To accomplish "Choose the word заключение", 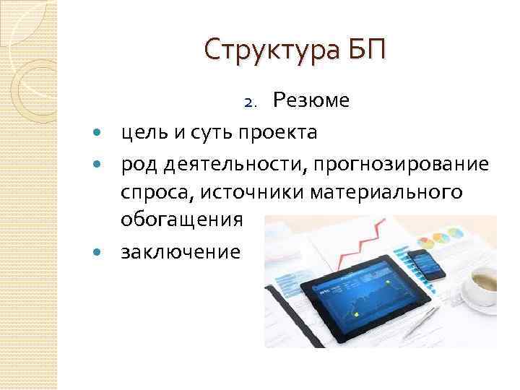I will click(180, 252).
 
